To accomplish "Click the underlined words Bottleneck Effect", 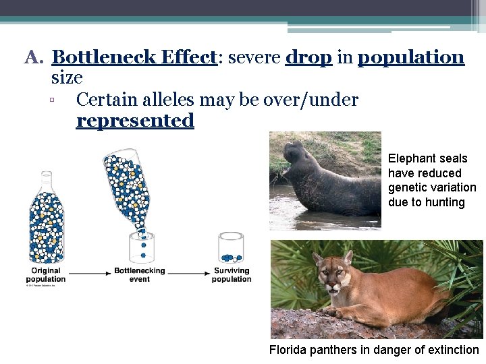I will pos(133,58).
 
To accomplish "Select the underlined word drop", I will pos(308,58).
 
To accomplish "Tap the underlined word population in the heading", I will pos(410,58).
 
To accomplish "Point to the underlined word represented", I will pos(135,121).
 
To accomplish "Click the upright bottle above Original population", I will pos(47,218).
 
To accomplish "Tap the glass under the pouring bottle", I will pos(142,248).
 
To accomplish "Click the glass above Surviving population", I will pos(230,248).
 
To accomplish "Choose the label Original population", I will pos(47,275).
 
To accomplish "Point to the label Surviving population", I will pos(232,275).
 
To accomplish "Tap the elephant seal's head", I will pos(295,154).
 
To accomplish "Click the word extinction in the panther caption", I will pos(452,350).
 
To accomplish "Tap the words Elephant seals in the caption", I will pos(427,158).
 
